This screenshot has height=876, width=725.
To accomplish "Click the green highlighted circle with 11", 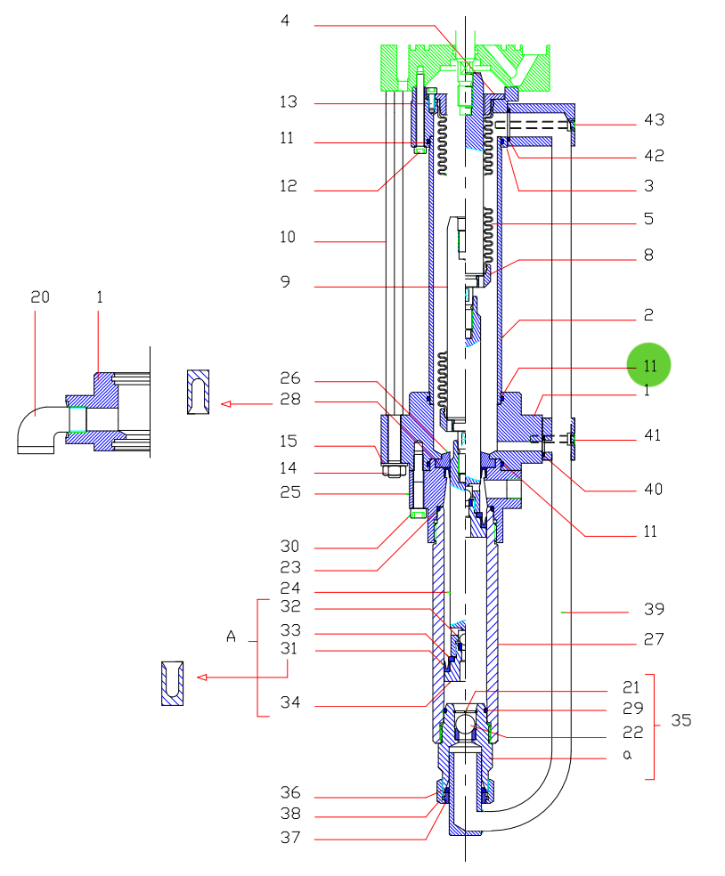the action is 648,365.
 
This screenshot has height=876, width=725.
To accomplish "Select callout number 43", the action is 654,120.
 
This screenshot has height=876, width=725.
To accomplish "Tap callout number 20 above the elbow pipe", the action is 40,297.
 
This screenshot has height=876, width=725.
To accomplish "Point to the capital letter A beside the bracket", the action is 231,637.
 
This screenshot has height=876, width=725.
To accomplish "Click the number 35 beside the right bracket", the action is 680,720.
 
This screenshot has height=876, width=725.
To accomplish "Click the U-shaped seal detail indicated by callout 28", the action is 198,392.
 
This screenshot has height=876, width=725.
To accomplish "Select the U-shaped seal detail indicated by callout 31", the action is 172,683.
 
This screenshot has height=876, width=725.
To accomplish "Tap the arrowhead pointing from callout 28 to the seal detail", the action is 226,403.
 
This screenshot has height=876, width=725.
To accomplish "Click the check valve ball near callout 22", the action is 465,725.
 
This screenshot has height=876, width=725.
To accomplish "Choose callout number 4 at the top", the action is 285,20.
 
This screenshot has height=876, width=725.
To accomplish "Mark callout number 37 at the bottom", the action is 290,838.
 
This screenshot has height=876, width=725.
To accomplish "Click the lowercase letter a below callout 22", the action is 627,755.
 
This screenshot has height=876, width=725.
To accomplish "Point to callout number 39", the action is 654,609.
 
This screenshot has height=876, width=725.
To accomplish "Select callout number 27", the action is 654,639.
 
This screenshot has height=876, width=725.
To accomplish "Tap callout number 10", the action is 288,237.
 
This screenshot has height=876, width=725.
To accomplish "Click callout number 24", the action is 290,588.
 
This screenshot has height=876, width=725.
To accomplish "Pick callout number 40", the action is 653,490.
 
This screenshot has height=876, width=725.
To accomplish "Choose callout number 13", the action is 289,102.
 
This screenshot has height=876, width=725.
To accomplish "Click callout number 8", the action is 648,255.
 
